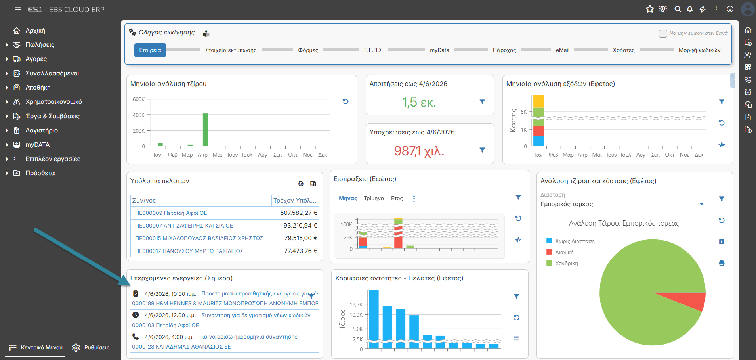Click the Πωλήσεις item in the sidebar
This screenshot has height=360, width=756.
[40, 45]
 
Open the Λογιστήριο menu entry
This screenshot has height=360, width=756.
[42, 130]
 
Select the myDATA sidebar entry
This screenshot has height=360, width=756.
[38, 145]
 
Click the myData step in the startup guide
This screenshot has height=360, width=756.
[439, 50]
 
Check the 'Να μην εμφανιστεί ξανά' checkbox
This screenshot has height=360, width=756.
[663, 34]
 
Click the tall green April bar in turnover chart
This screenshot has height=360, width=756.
[205, 130]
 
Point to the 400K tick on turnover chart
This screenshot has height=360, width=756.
[139, 115]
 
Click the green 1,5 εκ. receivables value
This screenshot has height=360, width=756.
[419, 102]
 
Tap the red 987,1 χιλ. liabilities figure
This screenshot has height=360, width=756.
[419, 151]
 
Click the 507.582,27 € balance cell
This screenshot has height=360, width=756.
[299, 213]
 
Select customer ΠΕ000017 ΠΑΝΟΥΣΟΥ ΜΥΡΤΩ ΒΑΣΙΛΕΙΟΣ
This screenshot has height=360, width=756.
[189, 251]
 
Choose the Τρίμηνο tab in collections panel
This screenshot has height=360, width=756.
[374, 199]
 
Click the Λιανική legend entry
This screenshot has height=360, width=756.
[564, 252]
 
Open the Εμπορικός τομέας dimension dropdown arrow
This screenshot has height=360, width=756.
[701, 204]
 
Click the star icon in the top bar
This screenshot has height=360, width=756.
[650, 9]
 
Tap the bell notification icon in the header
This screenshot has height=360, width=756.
[690, 9]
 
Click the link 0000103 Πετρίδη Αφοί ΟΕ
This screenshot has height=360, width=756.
[165, 325]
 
